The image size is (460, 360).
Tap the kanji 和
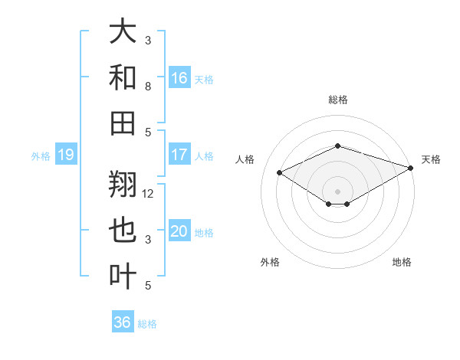click(123, 77)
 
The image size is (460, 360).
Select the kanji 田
click(123, 122)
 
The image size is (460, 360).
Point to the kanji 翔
click(123, 185)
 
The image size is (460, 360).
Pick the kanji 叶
click(123, 275)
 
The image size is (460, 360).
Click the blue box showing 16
click(179, 77)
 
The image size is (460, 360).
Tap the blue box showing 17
click(179, 155)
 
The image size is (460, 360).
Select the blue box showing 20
click(179, 232)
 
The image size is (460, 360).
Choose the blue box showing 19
click(65, 155)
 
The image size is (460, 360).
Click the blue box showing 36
click(122, 322)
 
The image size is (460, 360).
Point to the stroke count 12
click(149, 193)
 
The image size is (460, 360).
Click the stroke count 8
click(149, 87)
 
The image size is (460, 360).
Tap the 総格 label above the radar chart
click(337, 100)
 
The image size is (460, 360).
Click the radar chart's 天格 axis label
click(431, 159)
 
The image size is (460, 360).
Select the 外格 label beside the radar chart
click(270, 262)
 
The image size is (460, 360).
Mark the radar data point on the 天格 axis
click(412, 167)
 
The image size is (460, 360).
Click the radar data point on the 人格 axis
click(280, 172)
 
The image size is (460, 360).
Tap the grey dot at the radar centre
click(337, 190)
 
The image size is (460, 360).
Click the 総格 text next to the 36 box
click(147, 324)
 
